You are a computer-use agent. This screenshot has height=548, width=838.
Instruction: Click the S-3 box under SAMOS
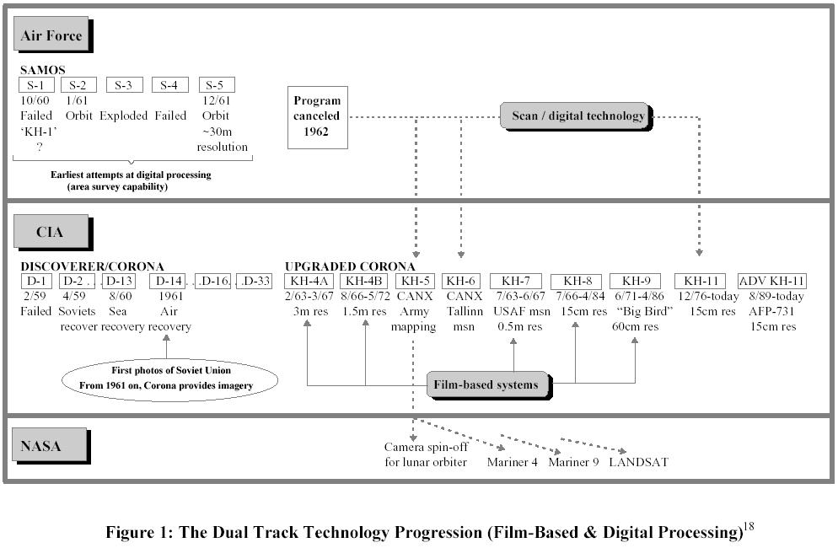tap(123, 85)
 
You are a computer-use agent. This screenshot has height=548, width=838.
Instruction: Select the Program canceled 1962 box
tap(317, 116)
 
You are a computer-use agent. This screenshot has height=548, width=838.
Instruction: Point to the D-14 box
tap(169, 281)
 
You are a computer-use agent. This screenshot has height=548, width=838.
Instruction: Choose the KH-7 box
tap(521, 281)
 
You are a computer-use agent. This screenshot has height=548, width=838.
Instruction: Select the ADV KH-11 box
tap(772, 281)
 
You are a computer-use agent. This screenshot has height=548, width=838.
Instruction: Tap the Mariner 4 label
tap(513, 463)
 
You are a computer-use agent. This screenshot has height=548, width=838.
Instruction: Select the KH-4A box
tap(307, 281)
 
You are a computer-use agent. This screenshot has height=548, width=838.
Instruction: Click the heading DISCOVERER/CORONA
tap(93, 266)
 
